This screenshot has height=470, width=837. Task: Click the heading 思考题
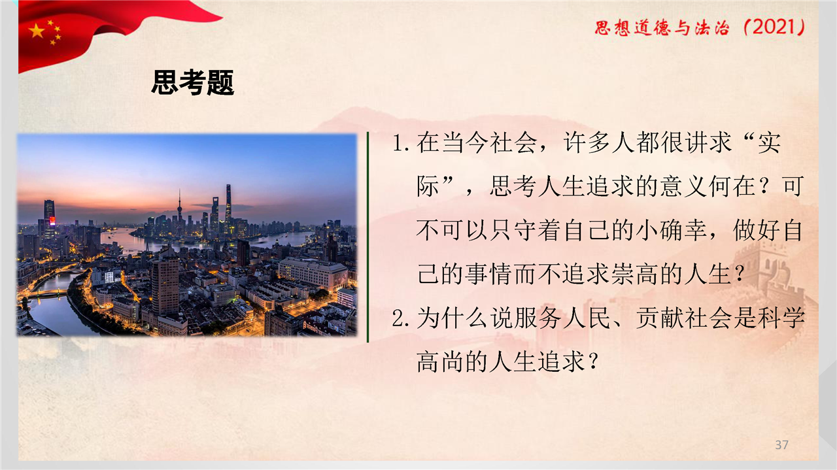193,82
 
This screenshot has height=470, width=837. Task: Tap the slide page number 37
781,445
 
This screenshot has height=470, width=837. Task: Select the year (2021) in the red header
774,27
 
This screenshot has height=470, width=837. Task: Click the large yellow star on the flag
37,31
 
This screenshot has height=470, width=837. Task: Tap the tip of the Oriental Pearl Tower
179,190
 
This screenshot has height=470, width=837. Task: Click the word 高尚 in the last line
441,362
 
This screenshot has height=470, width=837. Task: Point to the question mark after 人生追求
592,362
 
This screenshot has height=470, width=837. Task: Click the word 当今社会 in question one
490,143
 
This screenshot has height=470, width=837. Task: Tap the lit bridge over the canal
48,293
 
